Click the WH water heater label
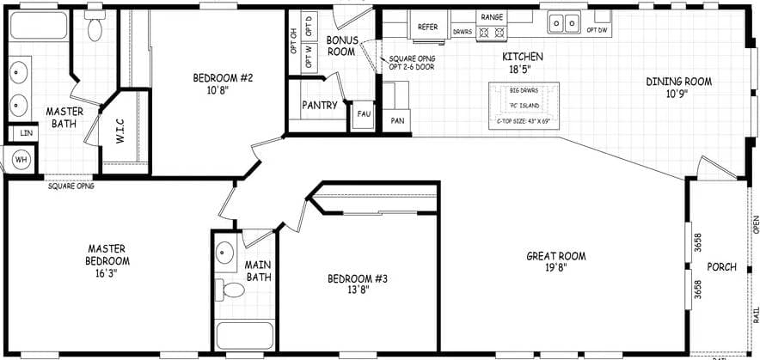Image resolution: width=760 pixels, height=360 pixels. click(x=21, y=159)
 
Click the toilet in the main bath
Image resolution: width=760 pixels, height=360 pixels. click(x=230, y=289)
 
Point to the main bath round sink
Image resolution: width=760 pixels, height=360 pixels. click(x=225, y=253)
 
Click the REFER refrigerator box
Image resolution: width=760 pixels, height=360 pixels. click(x=427, y=27)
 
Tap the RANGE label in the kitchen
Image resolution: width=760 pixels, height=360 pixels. click(x=492, y=17)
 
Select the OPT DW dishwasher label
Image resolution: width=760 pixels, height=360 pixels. click(x=597, y=30)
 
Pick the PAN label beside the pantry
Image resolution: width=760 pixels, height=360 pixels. click(x=397, y=121)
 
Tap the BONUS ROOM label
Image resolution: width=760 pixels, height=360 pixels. click(x=341, y=46)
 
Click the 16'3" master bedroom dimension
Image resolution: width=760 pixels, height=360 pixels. click(x=107, y=273)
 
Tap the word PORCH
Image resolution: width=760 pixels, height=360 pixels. click(x=722, y=267)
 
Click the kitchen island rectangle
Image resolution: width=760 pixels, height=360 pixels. click(x=524, y=106)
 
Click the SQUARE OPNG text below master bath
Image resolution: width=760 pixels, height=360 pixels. click(x=71, y=186)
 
